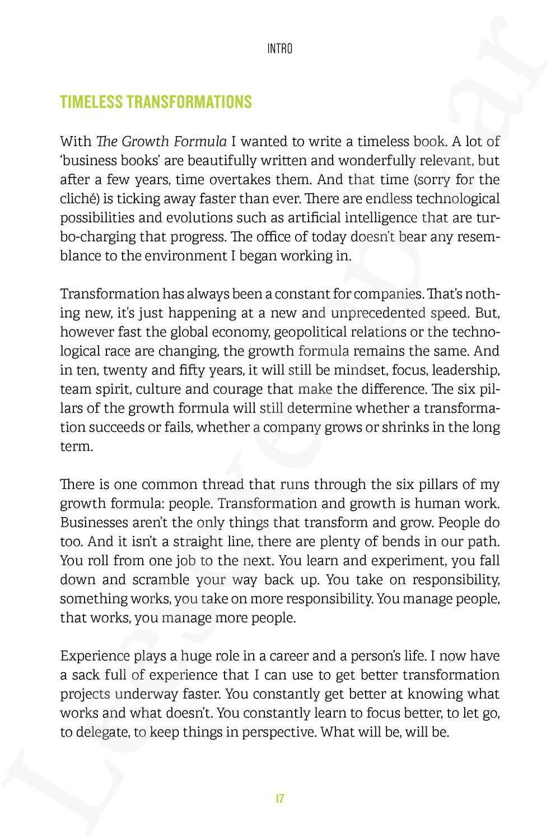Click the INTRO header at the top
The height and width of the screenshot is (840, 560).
click(x=279, y=49)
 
